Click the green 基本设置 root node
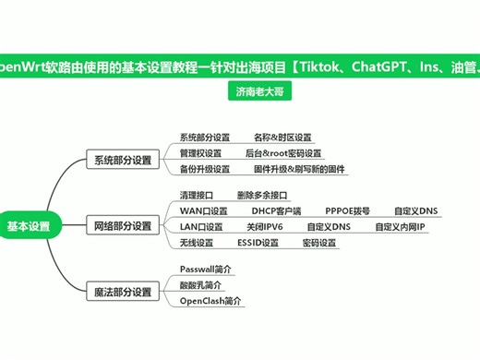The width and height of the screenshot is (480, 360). tap(29, 225)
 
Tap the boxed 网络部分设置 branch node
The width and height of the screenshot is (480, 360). tap(122, 225)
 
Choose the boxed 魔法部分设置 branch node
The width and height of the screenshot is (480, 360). tap(122, 293)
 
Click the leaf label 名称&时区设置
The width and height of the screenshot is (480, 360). tap(282, 138)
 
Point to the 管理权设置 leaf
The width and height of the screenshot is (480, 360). tap(200, 153)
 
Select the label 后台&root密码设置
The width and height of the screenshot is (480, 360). tap(283, 153)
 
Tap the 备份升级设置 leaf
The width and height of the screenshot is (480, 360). tap(204, 169)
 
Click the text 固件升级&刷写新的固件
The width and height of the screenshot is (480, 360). tap(299, 169)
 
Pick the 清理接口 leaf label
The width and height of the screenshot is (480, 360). tap(197, 195)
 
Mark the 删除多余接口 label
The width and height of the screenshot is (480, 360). tap(262, 195)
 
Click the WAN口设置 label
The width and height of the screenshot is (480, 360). tap(203, 210)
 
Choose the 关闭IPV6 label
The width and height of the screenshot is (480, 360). tap(265, 226)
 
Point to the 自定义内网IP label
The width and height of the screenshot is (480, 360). tap(401, 226)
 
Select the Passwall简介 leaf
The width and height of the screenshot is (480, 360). tap(206, 269)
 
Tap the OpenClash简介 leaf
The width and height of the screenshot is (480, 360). tap(210, 301)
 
